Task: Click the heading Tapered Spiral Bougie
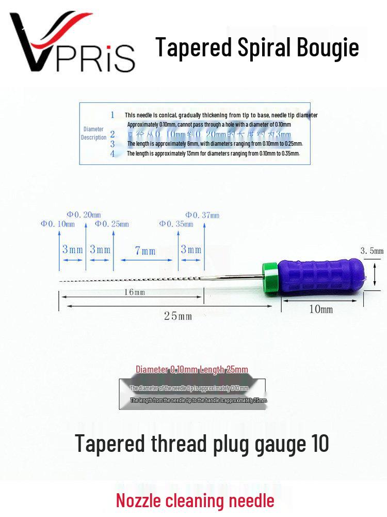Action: (257, 48)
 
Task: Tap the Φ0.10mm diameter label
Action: (58, 224)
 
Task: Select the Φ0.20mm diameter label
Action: (84, 215)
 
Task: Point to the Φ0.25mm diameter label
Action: (112, 224)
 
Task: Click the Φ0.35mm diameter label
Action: (176, 224)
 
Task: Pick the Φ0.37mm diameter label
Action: (202, 215)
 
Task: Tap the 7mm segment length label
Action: (145, 251)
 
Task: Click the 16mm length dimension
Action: (134, 292)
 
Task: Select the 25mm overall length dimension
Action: (178, 315)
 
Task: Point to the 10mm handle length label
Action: (321, 309)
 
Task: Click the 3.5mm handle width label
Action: (372, 251)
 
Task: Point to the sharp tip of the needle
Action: (61, 282)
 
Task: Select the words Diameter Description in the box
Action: (93, 133)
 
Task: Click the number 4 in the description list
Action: (112, 154)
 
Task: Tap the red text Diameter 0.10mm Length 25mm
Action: (192, 369)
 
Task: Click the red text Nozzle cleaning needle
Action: (195, 500)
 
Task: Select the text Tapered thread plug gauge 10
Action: (202, 443)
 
